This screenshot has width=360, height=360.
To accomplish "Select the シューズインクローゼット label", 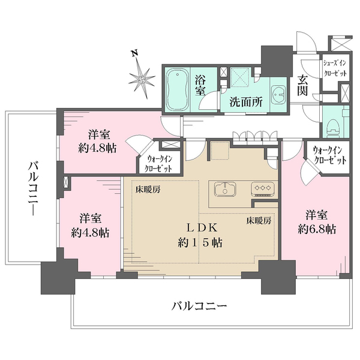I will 335,65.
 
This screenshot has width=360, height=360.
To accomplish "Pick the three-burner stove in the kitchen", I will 262,188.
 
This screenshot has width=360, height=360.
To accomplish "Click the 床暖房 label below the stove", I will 259,220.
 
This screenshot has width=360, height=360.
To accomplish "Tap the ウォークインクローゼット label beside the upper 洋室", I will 160,163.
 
